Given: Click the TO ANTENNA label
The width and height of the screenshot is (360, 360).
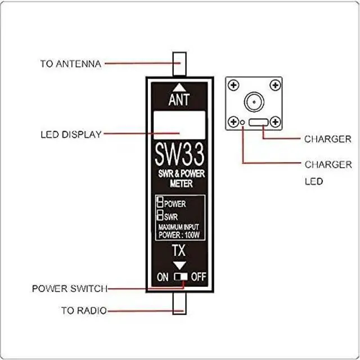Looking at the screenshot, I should (70, 64).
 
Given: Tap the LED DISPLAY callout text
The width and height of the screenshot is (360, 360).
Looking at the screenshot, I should (71, 135).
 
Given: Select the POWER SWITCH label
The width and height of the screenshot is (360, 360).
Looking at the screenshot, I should (69, 289).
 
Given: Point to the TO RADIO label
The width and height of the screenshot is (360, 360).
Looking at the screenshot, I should (84, 310).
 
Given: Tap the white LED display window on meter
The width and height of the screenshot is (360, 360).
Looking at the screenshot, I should (179, 124).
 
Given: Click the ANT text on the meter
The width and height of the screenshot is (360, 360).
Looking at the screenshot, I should (179, 100).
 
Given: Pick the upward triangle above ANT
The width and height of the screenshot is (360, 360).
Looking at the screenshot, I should (179, 87).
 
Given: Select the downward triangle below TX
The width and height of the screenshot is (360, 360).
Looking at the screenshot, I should (179, 265).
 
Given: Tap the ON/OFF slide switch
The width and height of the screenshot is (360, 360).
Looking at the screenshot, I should (180, 277).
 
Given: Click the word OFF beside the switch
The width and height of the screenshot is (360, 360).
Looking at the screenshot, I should (198, 277).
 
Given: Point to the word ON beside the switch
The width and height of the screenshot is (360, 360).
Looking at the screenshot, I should (163, 277).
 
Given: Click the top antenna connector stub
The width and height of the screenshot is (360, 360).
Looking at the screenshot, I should (179, 64).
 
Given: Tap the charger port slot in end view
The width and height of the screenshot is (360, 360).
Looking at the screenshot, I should (259, 122).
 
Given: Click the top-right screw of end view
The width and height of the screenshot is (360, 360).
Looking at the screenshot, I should (274, 85).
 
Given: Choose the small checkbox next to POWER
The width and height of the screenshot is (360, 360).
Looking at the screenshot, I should (160, 203).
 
